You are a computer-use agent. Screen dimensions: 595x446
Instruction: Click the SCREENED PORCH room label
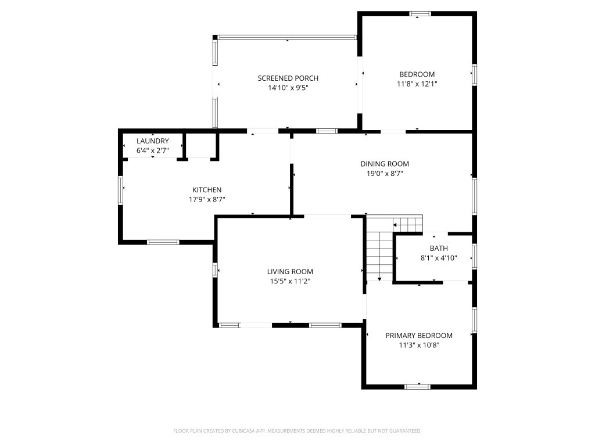[288, 78]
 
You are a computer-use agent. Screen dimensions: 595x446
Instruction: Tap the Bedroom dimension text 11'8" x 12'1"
[417, 84]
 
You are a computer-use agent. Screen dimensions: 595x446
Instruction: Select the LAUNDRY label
[153, 141]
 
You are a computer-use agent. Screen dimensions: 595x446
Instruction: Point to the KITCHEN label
[207, 190]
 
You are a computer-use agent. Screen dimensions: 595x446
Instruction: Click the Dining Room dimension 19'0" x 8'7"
[385, 174]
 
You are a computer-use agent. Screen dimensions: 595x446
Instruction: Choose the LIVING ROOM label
[290, 272]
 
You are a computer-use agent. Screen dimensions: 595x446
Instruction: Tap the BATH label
[439, 249]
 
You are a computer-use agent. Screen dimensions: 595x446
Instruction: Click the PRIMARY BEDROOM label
[419, 336]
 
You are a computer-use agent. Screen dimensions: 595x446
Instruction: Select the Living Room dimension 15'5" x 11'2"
[290, 282]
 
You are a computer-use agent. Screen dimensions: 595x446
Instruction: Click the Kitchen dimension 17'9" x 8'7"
[207, 200]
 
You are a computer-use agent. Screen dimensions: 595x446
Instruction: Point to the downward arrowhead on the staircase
[379, 279]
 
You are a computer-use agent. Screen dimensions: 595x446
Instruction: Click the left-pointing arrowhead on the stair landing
[395, 225]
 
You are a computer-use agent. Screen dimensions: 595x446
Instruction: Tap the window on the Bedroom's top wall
[420, 14]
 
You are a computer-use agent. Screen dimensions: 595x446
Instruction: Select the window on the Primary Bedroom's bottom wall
[417, 387]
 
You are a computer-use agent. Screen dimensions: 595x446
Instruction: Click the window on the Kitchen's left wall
[121, 190]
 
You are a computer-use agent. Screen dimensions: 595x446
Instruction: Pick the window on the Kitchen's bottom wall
[163, 242]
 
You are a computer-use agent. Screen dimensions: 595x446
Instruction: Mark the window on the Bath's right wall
[474, 257]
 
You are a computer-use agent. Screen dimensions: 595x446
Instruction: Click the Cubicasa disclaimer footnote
[297, 431]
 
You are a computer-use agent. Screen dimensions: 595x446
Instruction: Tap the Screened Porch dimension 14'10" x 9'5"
[288, 88]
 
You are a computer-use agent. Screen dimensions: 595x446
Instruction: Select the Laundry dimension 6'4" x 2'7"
[153, 150]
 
